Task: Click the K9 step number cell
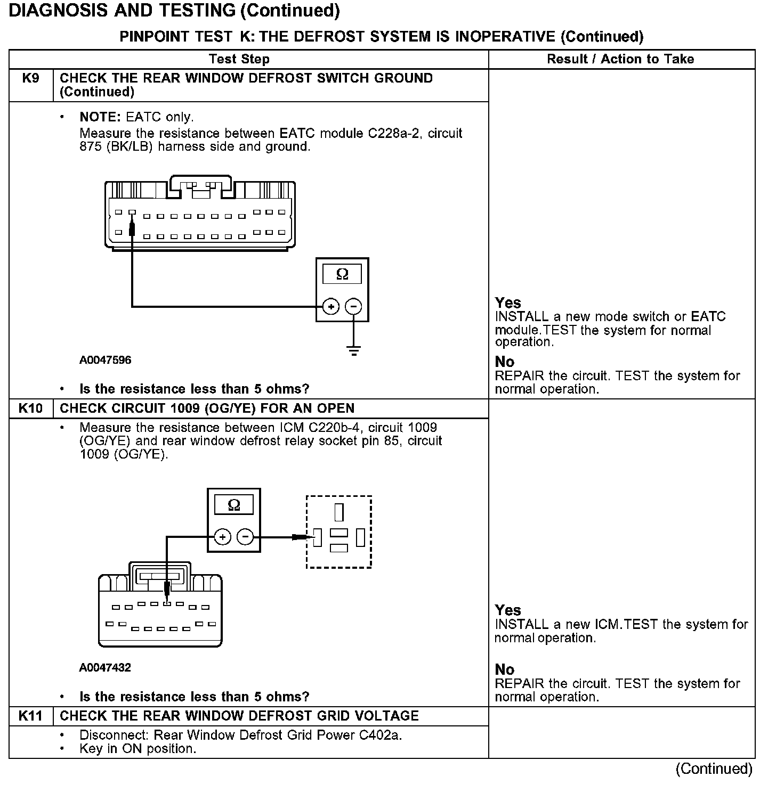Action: tap(31, 79)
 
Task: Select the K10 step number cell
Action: tap(31, 408)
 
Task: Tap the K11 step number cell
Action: tap(31, 716)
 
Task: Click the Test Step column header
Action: tap(239, 59)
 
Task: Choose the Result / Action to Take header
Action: tap(620, 59)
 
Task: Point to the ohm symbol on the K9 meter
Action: tap(342, 274)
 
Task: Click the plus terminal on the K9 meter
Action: tap(331, 307)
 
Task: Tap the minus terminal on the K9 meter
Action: tap(353, 307)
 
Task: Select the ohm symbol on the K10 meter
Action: tap(233, 505)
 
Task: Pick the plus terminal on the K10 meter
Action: tap(222, 537)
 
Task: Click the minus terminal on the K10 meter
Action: tap(245, 537)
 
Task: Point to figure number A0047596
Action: tap(105, 360)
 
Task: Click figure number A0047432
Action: tap(105, 668)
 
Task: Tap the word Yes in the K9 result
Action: tap(508, 303)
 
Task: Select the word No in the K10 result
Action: tap(505, 669)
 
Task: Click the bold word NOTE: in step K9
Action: tap(101, 117)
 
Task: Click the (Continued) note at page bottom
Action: tap(714, 768)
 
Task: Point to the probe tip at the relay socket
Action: tap(311, 537)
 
